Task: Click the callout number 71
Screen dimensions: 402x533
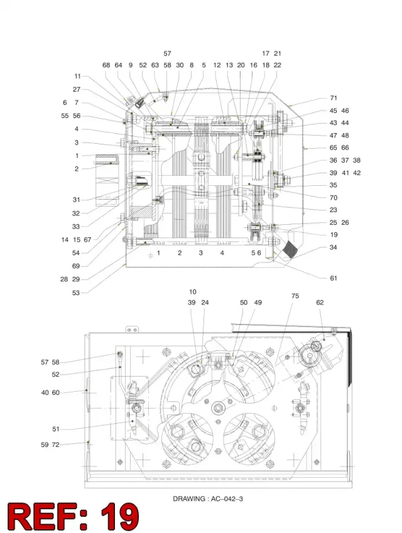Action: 334,98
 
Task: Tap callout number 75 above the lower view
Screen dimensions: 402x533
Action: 295,296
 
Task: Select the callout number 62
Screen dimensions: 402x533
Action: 320,302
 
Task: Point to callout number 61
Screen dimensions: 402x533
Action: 334,278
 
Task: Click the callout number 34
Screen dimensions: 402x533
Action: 333,247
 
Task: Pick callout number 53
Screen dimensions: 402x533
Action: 76,293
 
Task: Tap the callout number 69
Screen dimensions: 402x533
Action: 76,266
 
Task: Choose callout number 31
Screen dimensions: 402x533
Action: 76,200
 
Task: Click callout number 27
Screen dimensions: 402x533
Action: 77,89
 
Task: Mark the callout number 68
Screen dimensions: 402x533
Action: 106,65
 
